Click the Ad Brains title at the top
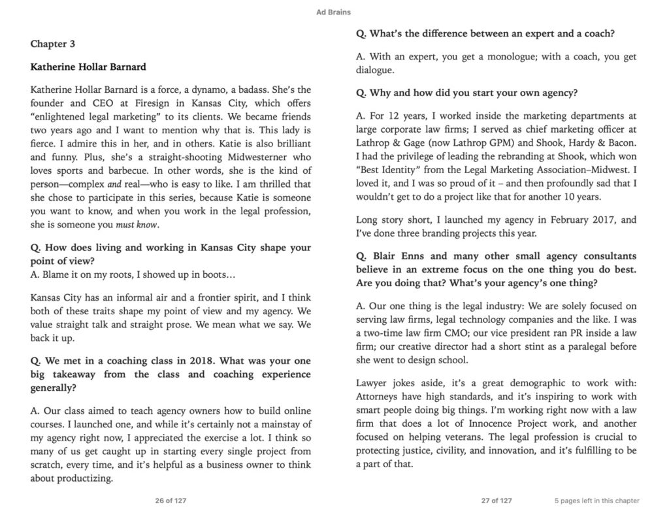(334, 11)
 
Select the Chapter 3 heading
(53, 44)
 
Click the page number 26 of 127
(168, 501)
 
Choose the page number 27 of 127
(497, 501)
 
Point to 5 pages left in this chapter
(596, 501)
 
